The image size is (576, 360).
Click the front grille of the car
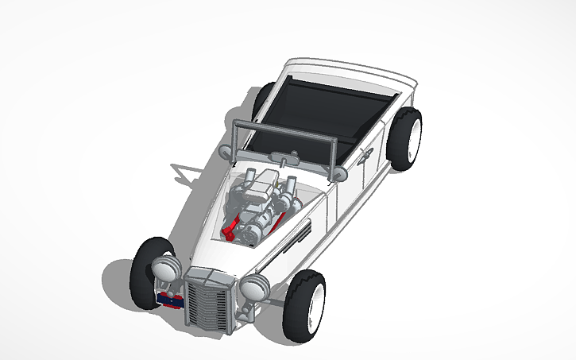[207, 301]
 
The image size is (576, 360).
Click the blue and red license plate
[170, 300]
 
